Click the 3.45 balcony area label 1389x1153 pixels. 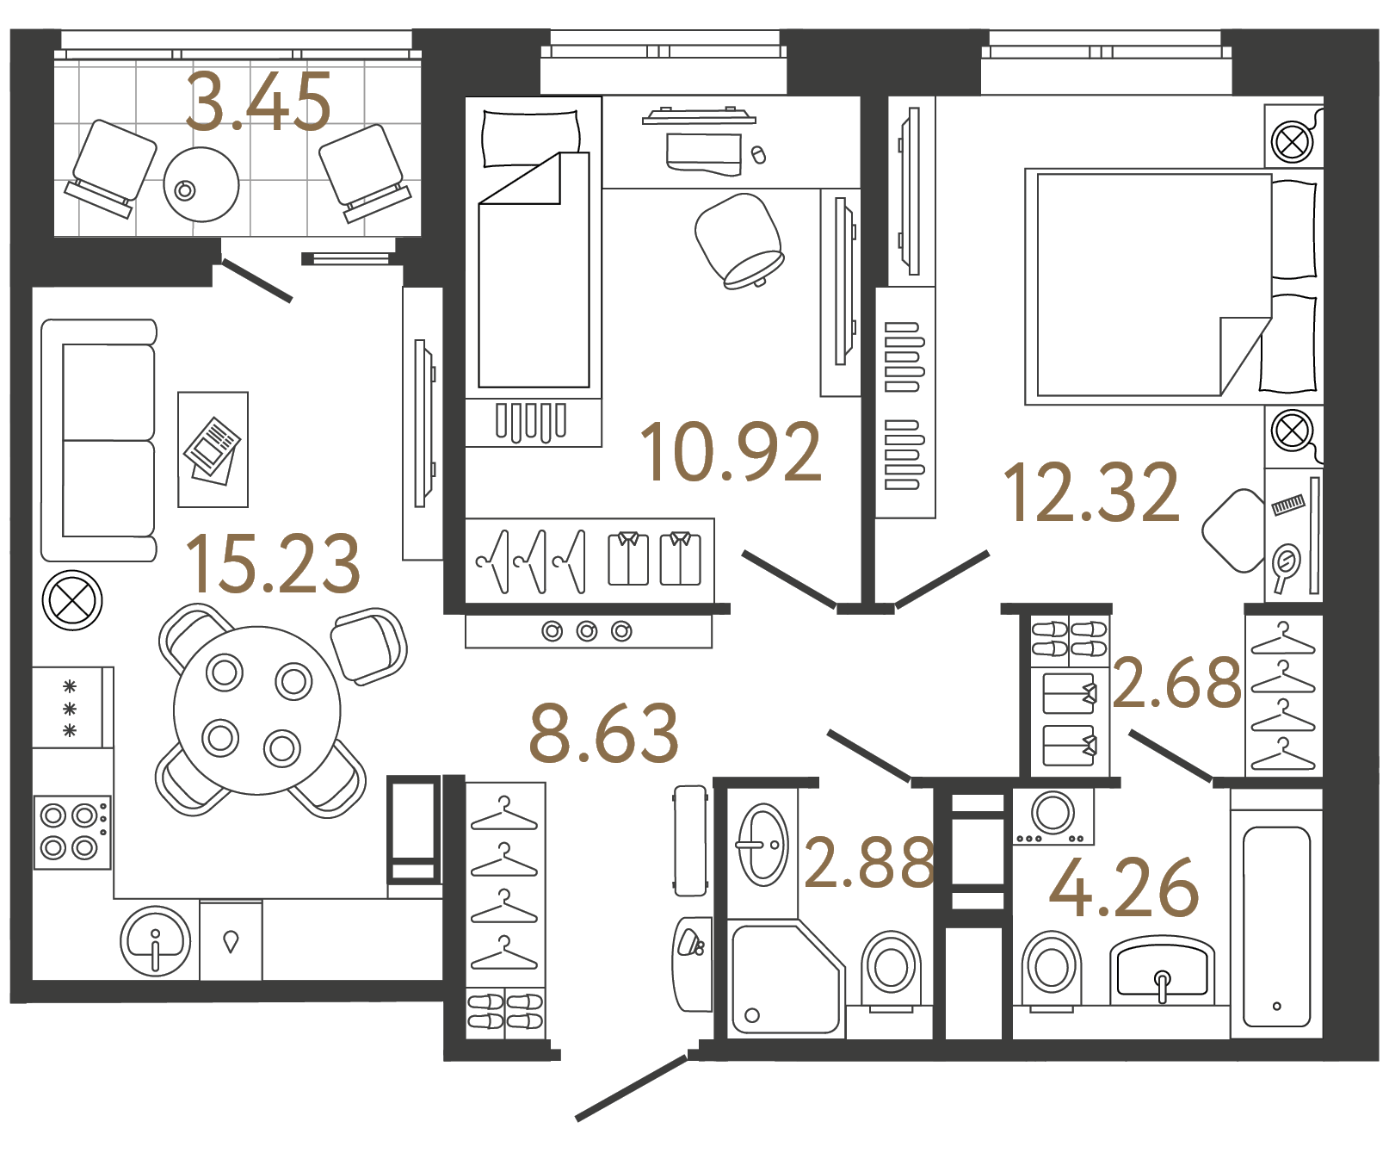pyautogui.click(x=258, y=102)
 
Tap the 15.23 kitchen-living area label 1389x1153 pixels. pyautogui.click(x=273, y=564)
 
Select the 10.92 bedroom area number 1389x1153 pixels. pyautogui.click(x=731, y=451)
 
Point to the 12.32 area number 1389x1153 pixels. pyautogui.click(x=1091, y=493)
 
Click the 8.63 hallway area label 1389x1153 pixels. pyautogui.click(x=604, y=734)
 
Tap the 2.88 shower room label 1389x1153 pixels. pyautogui.click(x=869, y=862)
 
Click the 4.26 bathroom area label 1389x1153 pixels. pyautogui.click(x=1124, y=888)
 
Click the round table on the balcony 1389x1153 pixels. pyautogui.click(x=201, y=184)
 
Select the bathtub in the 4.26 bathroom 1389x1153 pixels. pyautogui.click(x=1276, y=927)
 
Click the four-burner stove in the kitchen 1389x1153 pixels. pyautogui.click(x=71, y=831)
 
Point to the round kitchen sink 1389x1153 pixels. pyautogui.click(x=156, y=941)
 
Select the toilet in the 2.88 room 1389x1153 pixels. pyautogui.click(x=891, y=969)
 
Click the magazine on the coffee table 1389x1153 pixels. pyautogui.click(x=212, y=449)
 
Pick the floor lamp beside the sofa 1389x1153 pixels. pyautogui.click(x=72, y=600)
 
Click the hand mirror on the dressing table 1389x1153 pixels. pyautogui.click(x=1286, y=566)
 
